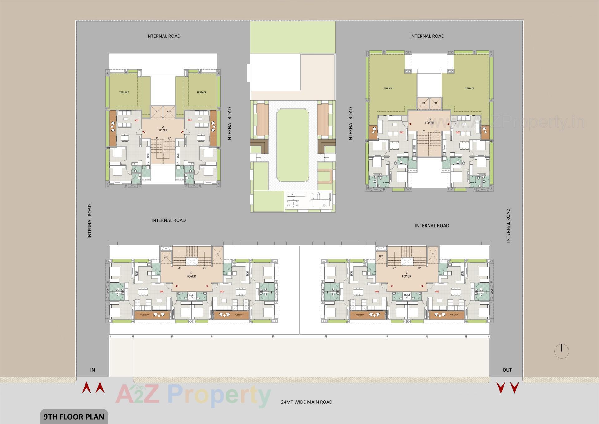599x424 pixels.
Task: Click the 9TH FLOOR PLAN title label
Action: point(74,417)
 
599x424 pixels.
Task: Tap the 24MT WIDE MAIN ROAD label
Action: point(306,402)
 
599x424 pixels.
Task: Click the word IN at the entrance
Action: point(92,370)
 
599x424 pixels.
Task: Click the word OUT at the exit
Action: point(507,370)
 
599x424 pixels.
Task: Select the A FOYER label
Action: point(163,128)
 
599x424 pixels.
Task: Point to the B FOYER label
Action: point(429,121)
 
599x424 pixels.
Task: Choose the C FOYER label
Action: point(407,274)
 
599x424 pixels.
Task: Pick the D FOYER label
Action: point(191,274)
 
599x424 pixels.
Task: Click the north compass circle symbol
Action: point(562,351)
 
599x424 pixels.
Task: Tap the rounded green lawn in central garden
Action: point(293,145)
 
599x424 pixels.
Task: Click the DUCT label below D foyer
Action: point(192,295)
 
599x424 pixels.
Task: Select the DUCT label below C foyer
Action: point(407,295)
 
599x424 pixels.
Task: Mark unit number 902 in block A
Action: point(136,120)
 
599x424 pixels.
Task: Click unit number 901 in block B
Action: point(458,132)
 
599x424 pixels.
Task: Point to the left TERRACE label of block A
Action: point(124,92)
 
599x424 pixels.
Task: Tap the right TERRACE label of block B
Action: point(470,88)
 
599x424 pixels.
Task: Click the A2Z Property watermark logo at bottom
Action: point(193,396)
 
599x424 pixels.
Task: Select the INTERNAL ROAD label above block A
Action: point(163,36)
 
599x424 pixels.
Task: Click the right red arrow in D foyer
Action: point(207,286)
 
